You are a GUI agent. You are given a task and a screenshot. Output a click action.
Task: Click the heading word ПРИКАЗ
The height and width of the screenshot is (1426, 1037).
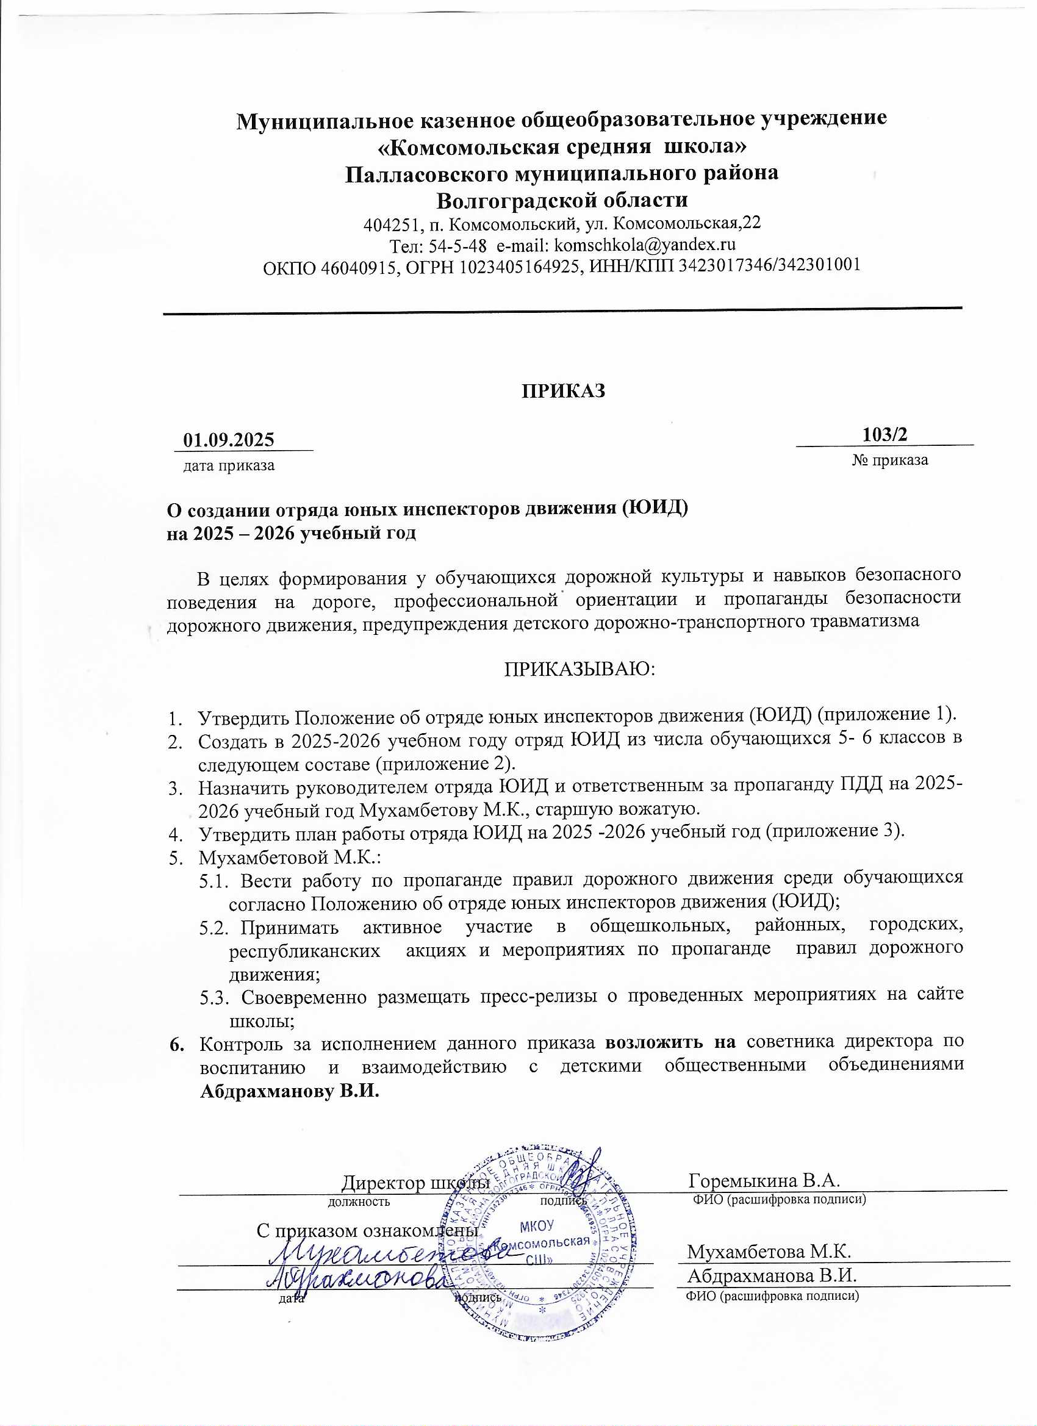(563, 390)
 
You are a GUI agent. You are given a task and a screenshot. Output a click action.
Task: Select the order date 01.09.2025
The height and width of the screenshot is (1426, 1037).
(228, 439)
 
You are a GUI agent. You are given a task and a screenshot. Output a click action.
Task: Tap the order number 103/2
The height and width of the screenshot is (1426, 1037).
(885, 434)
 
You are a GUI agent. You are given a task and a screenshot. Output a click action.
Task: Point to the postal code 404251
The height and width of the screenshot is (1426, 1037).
(386, 224)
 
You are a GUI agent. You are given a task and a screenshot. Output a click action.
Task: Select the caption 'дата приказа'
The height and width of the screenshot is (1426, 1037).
(228, 466)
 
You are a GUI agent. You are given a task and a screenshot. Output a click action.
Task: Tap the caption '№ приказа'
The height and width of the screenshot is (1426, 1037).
(890, 460)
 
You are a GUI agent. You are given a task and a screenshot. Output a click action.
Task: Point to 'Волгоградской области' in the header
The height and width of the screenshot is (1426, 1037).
(562, 201)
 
